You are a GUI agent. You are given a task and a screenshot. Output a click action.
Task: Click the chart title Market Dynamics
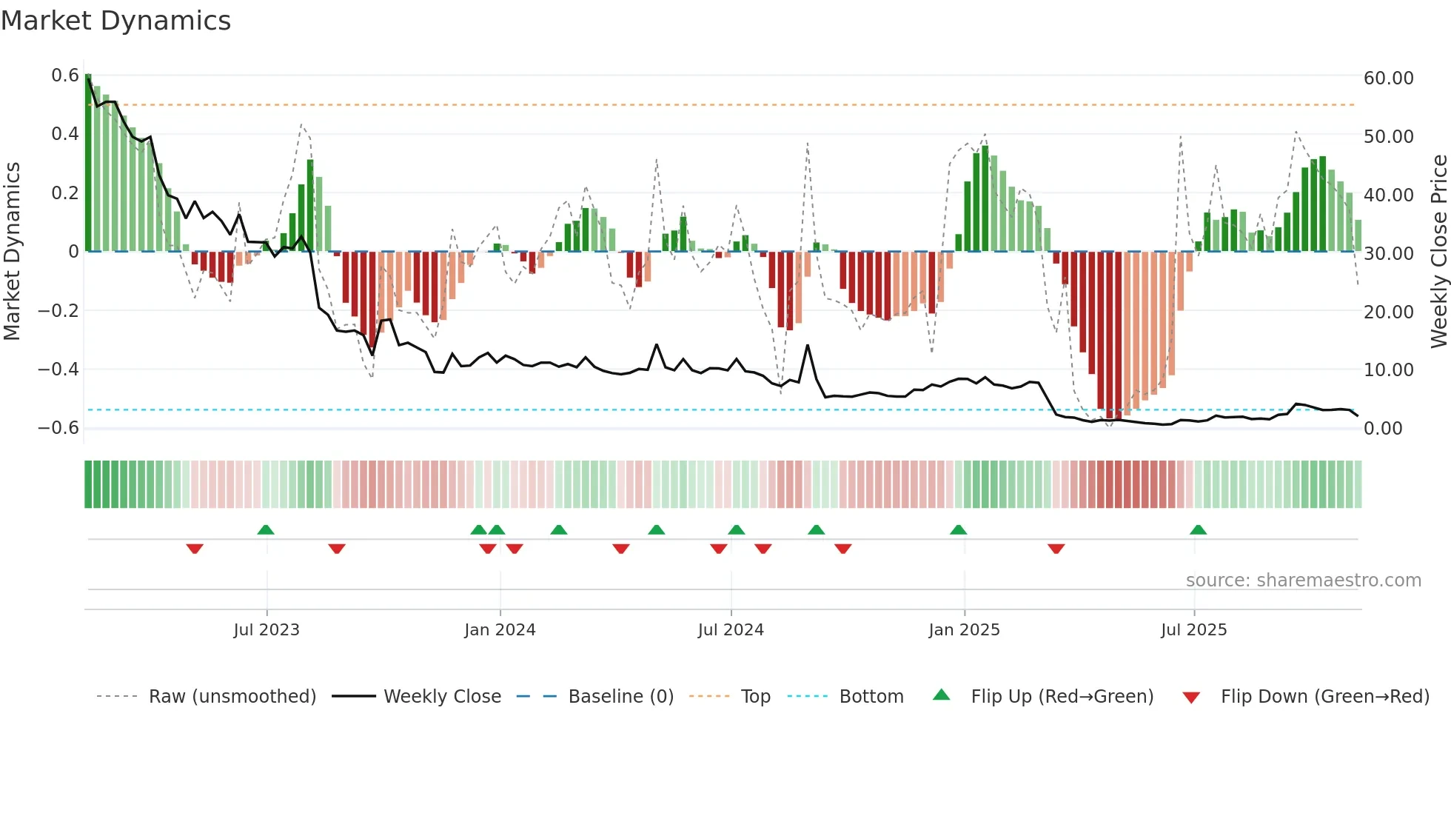115,21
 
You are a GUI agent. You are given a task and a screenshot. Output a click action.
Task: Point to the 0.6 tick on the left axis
65,76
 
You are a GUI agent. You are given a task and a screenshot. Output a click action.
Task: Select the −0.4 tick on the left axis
58,369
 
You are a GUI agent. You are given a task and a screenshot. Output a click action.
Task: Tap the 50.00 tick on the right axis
1388,137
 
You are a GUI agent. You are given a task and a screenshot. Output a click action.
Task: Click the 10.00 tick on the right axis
1388,370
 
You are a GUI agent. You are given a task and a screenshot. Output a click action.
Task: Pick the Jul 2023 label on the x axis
267,630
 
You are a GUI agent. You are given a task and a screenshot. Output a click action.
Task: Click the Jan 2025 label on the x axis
964,630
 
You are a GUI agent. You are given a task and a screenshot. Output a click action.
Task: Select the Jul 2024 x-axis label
731,630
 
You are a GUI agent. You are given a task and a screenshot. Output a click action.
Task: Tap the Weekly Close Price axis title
1438,252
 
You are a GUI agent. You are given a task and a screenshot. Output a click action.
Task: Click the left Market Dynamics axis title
12,252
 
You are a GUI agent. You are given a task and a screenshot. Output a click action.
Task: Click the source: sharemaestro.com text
1303,581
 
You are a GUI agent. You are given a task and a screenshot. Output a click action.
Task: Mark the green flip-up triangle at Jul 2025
1198,530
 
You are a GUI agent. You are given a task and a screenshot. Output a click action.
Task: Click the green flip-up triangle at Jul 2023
266,530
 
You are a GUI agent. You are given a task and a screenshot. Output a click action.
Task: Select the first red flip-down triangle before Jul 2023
195,549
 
